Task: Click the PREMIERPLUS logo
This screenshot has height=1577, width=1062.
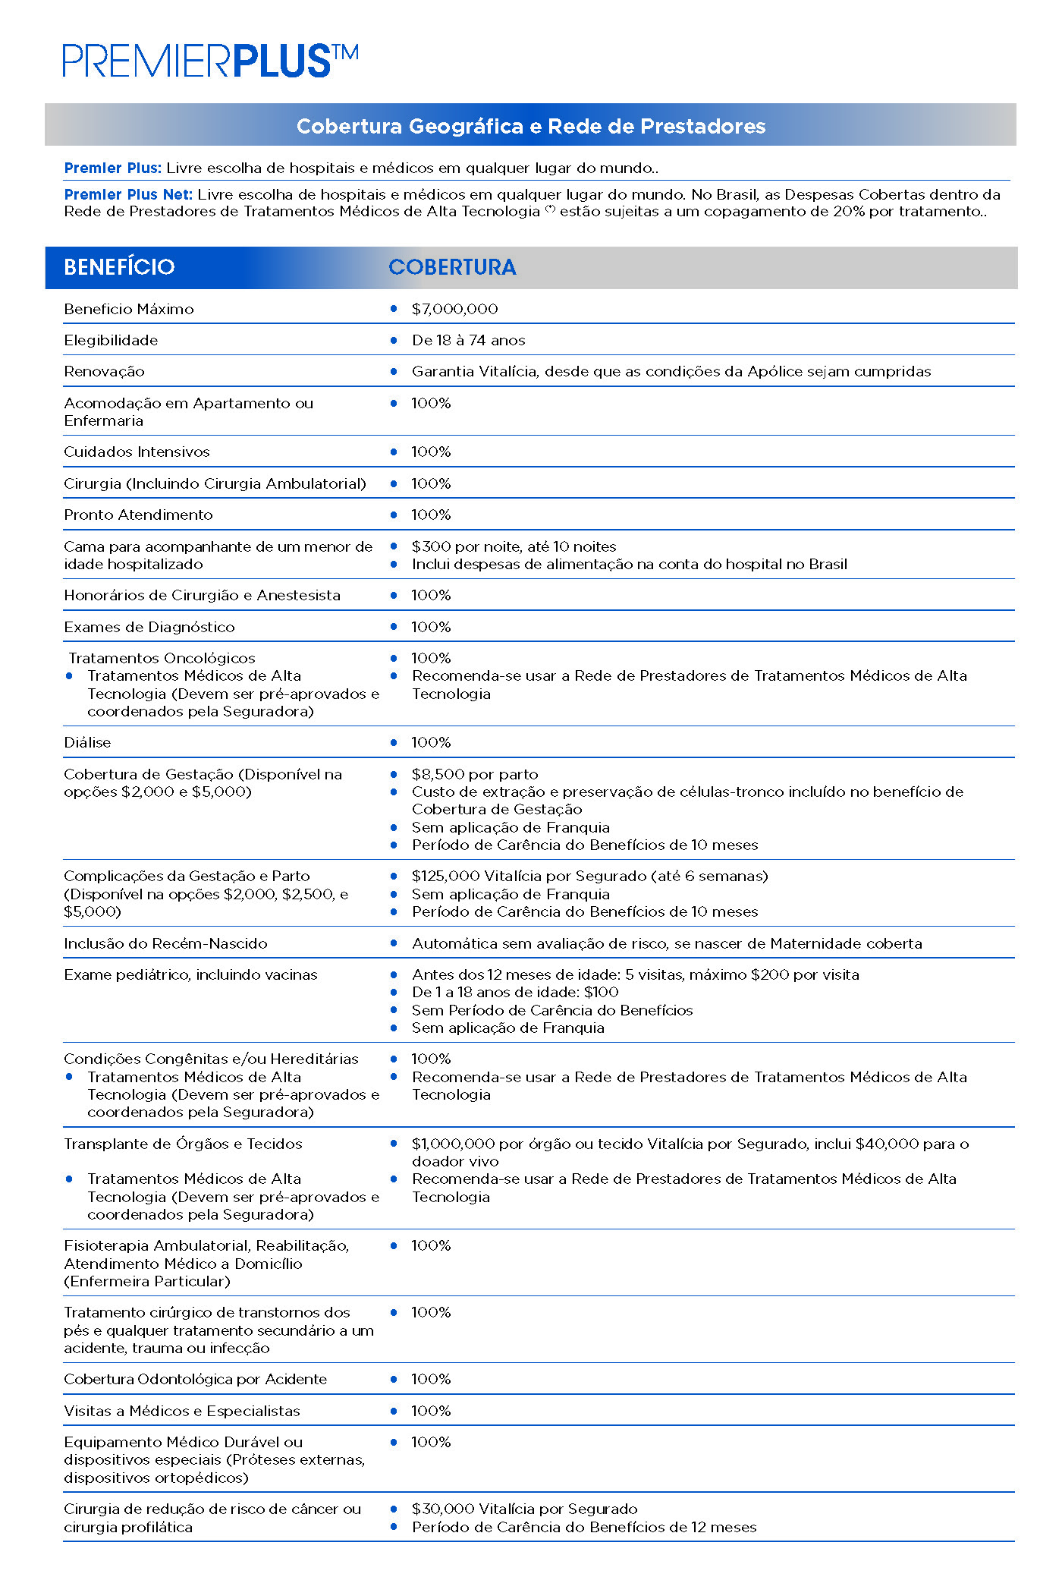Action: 210,61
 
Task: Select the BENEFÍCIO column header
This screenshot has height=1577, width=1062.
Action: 119,267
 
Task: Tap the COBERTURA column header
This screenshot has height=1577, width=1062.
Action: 452,267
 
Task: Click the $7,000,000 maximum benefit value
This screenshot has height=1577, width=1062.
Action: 454,309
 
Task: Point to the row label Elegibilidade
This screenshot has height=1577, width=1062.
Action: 111,340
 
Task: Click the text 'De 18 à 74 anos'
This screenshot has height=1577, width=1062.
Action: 468,340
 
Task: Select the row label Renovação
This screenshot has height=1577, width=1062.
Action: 104,371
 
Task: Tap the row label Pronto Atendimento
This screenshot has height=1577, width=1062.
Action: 138,515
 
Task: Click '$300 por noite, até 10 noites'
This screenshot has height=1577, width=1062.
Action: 514,546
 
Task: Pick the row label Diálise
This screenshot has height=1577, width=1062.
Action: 87,742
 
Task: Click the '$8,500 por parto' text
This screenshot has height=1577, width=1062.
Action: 475,774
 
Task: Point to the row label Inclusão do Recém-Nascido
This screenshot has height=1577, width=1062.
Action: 165,943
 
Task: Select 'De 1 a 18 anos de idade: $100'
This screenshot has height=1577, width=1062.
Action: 515,992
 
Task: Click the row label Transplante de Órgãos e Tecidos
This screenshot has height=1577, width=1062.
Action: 183,1144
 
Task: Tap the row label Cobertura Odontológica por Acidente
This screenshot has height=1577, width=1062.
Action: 195,1379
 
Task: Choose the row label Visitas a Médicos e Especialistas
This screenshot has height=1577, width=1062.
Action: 182,1411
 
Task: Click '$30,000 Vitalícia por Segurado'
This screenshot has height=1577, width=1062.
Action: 524,1509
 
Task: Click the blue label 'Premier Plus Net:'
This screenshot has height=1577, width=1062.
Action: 128,194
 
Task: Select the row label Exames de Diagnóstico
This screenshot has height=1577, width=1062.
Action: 149,627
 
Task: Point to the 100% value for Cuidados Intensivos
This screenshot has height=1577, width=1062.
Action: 431,452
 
